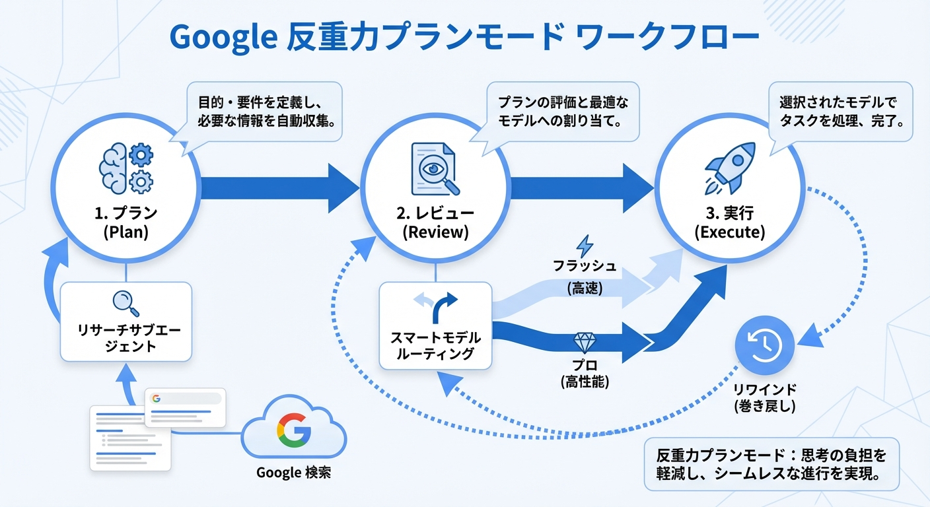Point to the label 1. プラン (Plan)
(x=125, y=223)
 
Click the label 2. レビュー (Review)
(x=435, y=223)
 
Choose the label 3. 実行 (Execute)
(x=729, y=223)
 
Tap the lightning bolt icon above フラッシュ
(x=585, y=246)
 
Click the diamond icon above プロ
(x=585, y=342)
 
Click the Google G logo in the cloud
(x=293, y=430)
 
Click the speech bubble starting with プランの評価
(x=563, y=112)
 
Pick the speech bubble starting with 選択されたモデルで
(x=840, y=112)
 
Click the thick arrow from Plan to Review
(x=277, y=188)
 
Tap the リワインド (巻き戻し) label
(x=765, y=397)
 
